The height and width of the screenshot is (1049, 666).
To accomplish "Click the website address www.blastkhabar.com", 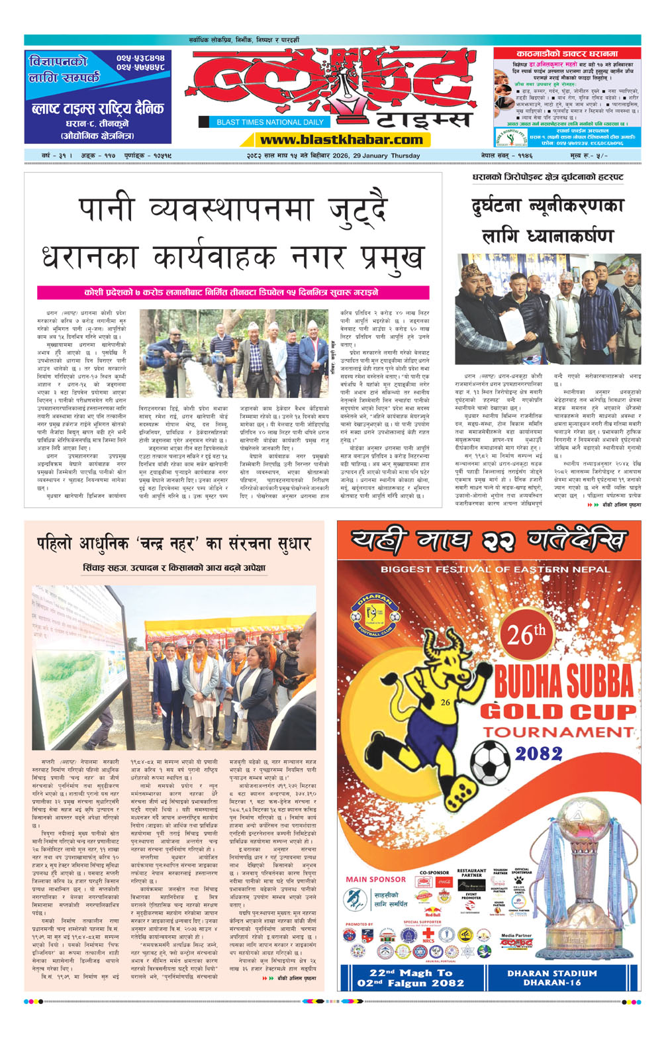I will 341,140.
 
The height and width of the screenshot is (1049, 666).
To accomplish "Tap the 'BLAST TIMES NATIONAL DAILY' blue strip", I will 270,122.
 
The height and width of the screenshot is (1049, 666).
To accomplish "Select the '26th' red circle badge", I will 526,634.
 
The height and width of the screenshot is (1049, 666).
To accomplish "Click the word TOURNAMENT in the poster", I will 557,732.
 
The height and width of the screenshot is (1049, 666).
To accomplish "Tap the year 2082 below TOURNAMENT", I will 539,754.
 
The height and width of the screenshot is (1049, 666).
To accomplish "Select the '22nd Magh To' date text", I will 410,973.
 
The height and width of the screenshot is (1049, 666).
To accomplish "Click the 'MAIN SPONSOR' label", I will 375,879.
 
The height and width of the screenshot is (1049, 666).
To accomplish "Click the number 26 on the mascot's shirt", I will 445,703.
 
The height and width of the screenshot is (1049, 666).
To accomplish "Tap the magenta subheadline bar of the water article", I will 232,292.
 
